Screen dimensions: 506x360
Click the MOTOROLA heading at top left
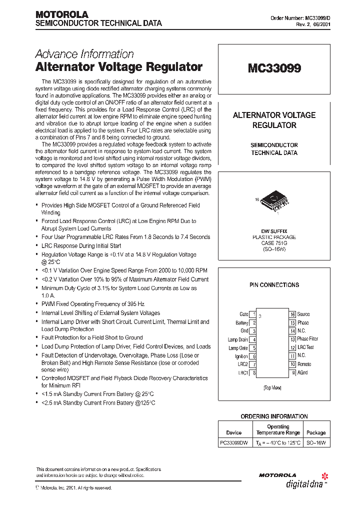tap(61, 14)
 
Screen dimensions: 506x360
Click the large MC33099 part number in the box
tap(274, 68)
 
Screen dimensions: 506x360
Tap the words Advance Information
tap(84, 54)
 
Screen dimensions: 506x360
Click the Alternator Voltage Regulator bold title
tap(119, 67)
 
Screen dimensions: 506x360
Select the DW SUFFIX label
tap(273, 231)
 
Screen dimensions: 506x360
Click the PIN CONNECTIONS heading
tap(274, 285)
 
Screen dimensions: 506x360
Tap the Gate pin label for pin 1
tap(243, 314)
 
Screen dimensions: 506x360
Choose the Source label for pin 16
tap(303, 314)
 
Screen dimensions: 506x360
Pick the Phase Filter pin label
tap(307, 339)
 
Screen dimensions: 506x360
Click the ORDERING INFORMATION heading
tap(274, 416)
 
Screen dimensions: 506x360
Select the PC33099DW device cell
tap(234, 443)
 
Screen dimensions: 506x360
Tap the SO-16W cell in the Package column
tap(315, 443)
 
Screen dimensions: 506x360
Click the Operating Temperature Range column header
tap(278, 429)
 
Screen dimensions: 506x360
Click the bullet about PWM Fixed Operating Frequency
tap(93, 304)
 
